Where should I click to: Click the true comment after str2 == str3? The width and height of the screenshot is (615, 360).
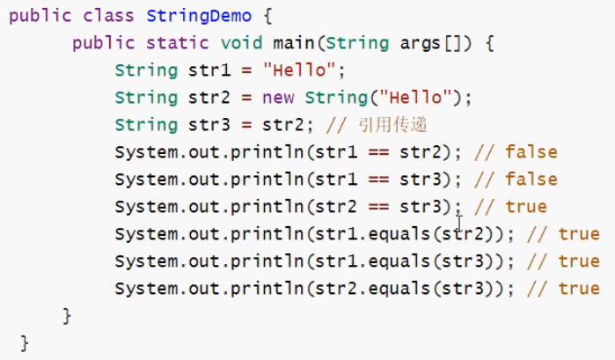coord(526,207)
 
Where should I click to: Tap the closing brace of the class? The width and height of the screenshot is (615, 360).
coord(24,342)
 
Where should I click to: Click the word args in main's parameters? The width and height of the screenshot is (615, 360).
coord(411,43)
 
